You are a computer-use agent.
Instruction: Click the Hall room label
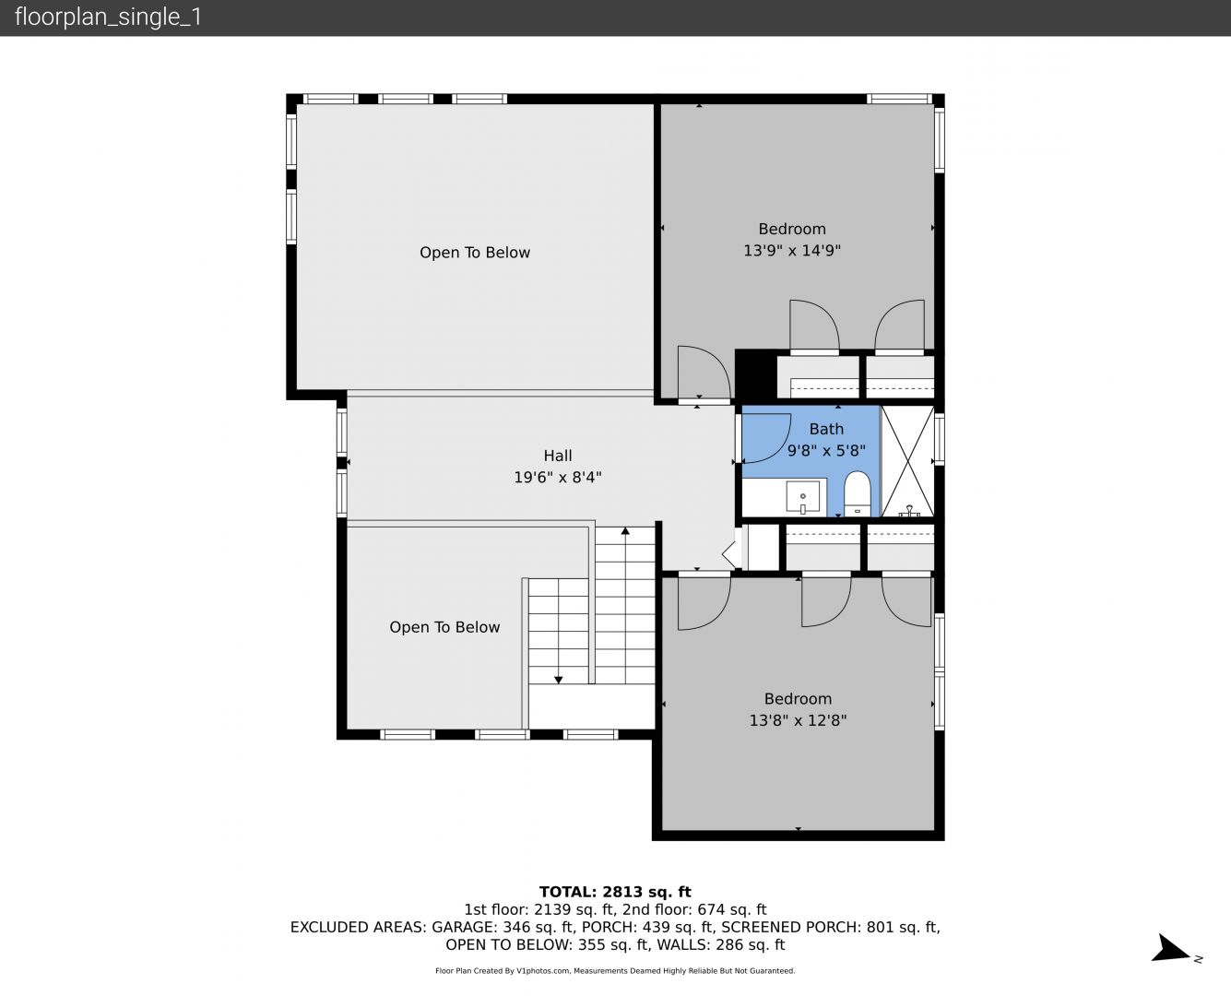tap(558, 456)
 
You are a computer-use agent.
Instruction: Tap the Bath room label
tap(826, 429)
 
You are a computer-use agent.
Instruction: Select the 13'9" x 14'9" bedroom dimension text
tap(792, 250)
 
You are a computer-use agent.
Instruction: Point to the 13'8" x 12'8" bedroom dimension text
tap(798, 720)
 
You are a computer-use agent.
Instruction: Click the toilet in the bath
tap(857, 493)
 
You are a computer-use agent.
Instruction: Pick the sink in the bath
tap(802, 496)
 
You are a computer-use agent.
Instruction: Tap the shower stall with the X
tap(907, 461)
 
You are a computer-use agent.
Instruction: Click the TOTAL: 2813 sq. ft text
tap(615, 892)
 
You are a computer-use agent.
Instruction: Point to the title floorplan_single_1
tap(108, 18)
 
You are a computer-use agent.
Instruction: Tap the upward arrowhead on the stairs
tap(625, 530)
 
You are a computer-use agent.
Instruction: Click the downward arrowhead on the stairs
tap(558, 680)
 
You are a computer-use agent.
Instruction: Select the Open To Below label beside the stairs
tap(444, 627)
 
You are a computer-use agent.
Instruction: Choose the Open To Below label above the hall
tap(475, 253)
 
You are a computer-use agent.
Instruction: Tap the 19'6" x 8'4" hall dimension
tap(558, 478)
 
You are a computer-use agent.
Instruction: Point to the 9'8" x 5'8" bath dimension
tap(826, 450)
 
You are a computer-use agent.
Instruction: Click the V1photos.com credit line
tap(615, 970)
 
